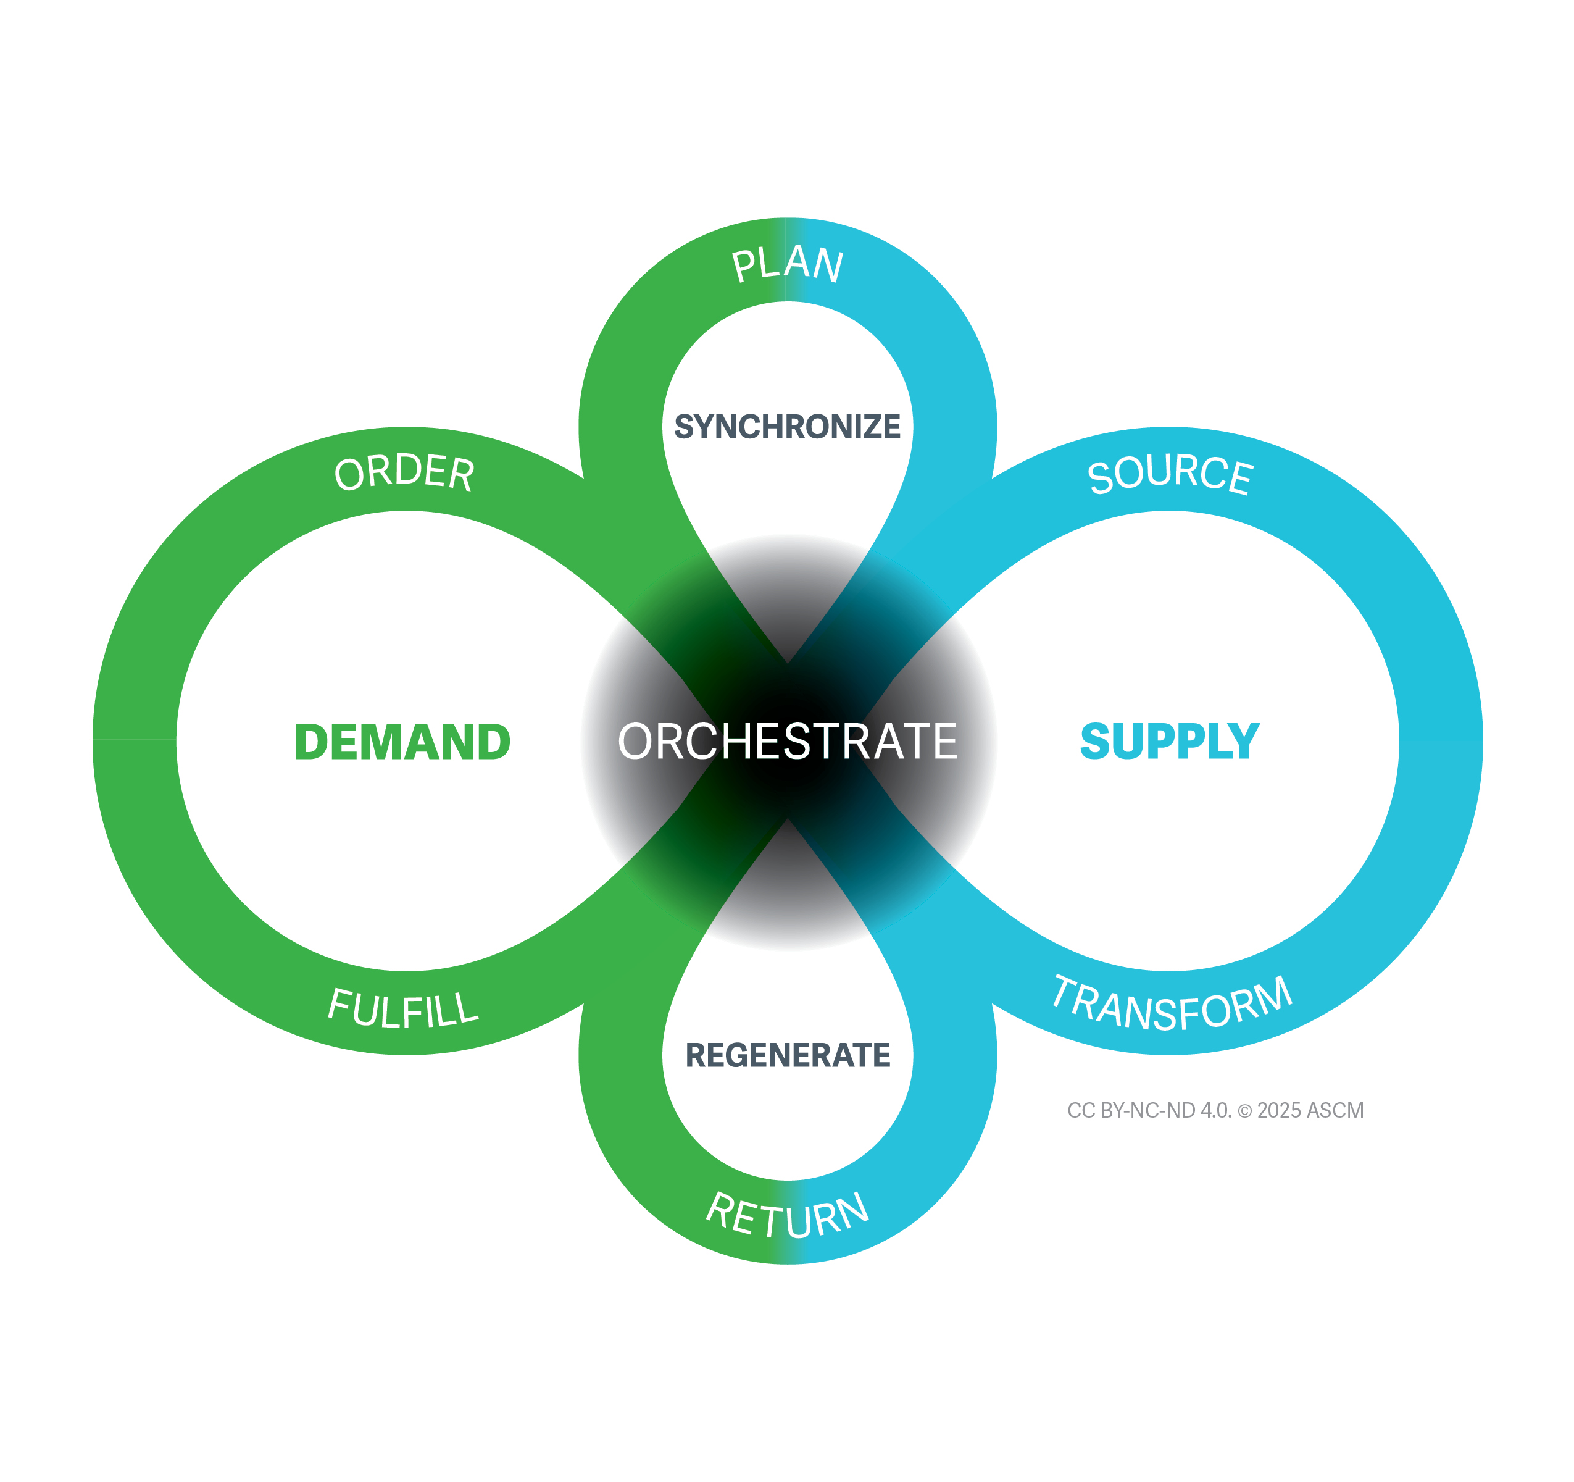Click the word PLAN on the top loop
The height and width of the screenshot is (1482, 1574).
click(x=787, y=264)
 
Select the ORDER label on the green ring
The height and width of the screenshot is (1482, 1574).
click(x=404, y=473)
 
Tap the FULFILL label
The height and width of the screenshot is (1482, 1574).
click(x=403, y=1008)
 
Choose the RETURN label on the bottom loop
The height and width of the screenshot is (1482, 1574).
click(x=788, y=1215)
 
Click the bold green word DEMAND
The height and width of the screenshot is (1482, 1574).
click(x=402, y=742)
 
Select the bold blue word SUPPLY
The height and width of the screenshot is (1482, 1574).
click(x=1170, y=742)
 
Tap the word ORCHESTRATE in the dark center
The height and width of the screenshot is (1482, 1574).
click(x=787, y=742)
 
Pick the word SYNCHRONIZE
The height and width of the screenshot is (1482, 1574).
click(x=787, y=427)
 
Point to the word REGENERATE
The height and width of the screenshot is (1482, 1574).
click(x=788, y=1056)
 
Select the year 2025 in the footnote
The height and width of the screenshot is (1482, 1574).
click(x=1280, y=1110)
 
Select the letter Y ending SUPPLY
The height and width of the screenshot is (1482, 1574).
click(x=1243, y=742)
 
